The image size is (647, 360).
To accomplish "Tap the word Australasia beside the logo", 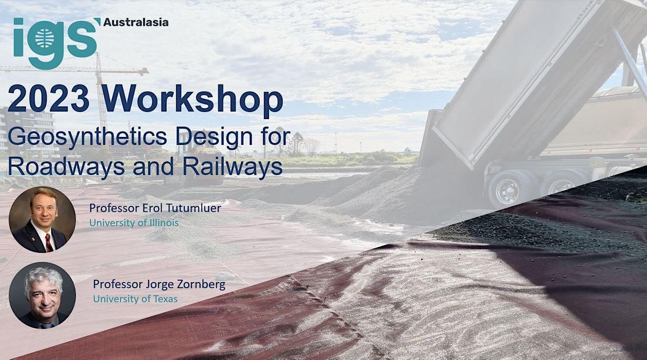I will pyautogui.click(x=135, y=23).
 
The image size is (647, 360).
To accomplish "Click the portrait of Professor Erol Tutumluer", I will pyautogui.click(x=42, y=219).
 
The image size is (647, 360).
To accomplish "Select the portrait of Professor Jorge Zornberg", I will pyautogui.click(x=42, y=295).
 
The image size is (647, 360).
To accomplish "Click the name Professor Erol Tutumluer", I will pyautogui.click(x=155, y=208).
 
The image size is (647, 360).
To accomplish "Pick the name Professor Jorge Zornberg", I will pyautogui.click(x=159, y=284).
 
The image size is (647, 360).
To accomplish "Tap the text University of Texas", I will pyautogui.click(x=135, y=298).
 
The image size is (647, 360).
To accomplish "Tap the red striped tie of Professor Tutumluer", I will pyautogui.click(x=49, y=243).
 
